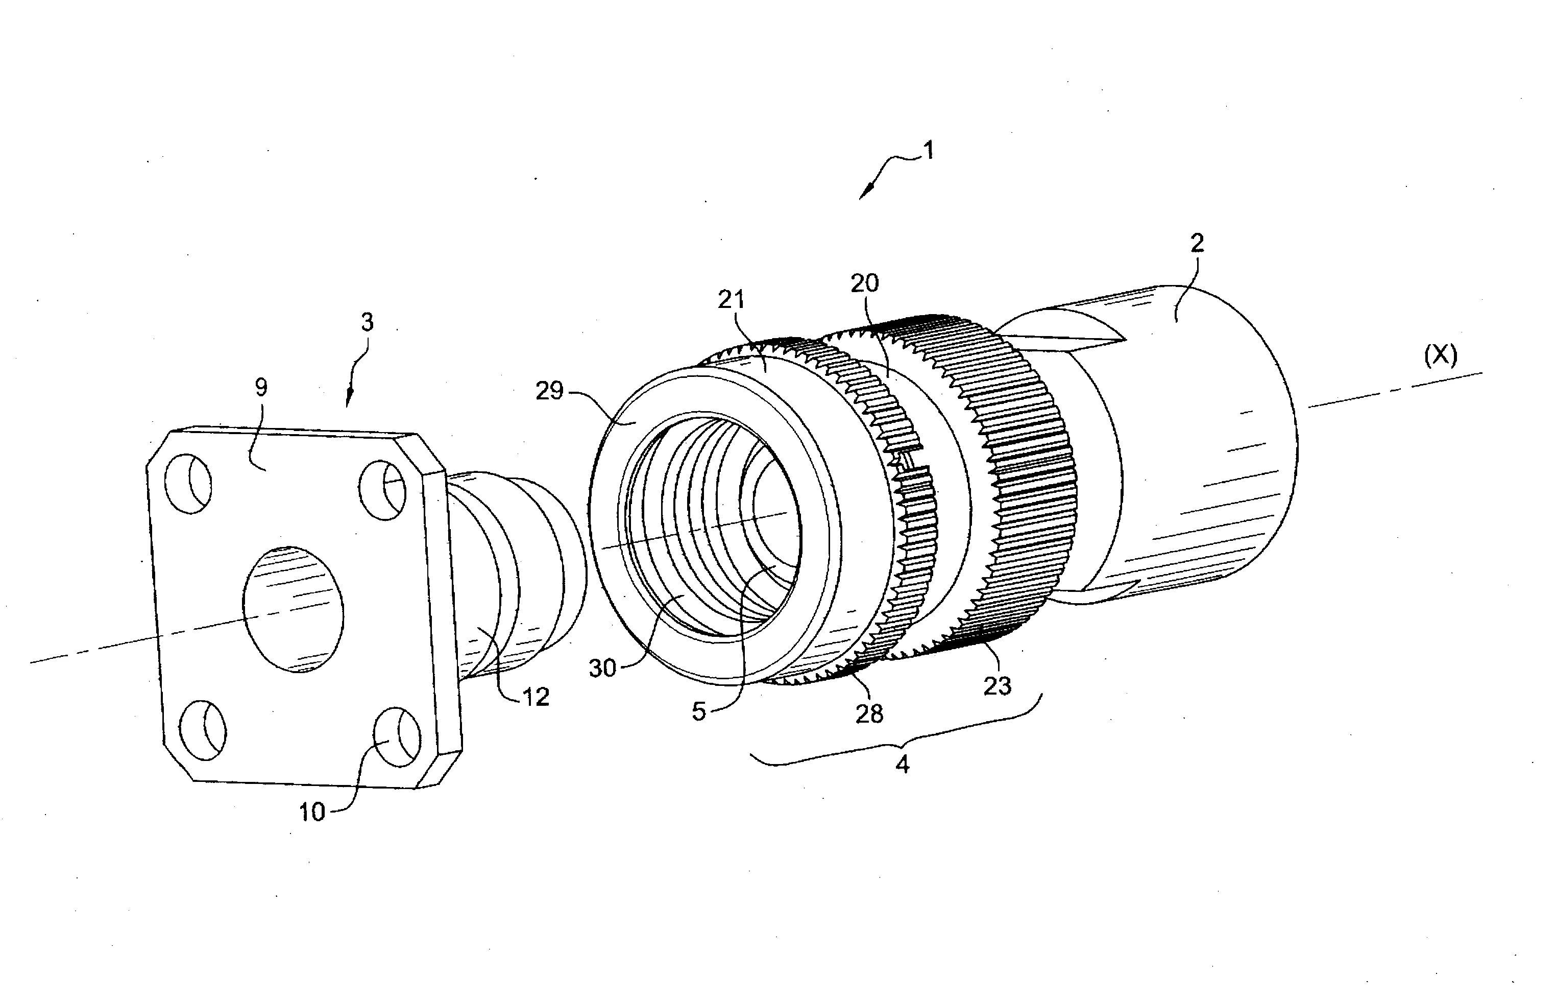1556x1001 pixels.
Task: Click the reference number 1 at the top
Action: pyautogui.click(x=929, y=151)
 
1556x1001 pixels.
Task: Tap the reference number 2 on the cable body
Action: pyautogui.click(x=1197, y=243)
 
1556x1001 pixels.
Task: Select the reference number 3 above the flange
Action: pyautogui.click(x=368, y=322)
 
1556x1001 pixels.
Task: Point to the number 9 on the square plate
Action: pyautogui.click(x=261, y=388)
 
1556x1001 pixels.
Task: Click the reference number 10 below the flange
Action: pyautogui.click(x=312, y=812)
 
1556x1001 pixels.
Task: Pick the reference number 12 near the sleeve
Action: pyautogui.click(x=536, y=698)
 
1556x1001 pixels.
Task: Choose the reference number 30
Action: pyautogui.click(x=603, y=668)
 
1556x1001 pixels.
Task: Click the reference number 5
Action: pyautogui.click(x=699, y=712)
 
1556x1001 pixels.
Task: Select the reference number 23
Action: pyautogui.click(x=998, y=686)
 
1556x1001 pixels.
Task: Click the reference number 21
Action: pyautogui.click(x=732, y=300)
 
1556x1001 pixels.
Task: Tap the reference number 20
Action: pyautogui.click(x=864, y=283)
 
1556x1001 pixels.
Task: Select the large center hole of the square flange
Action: pyautogui.click(x=293, y=609)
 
